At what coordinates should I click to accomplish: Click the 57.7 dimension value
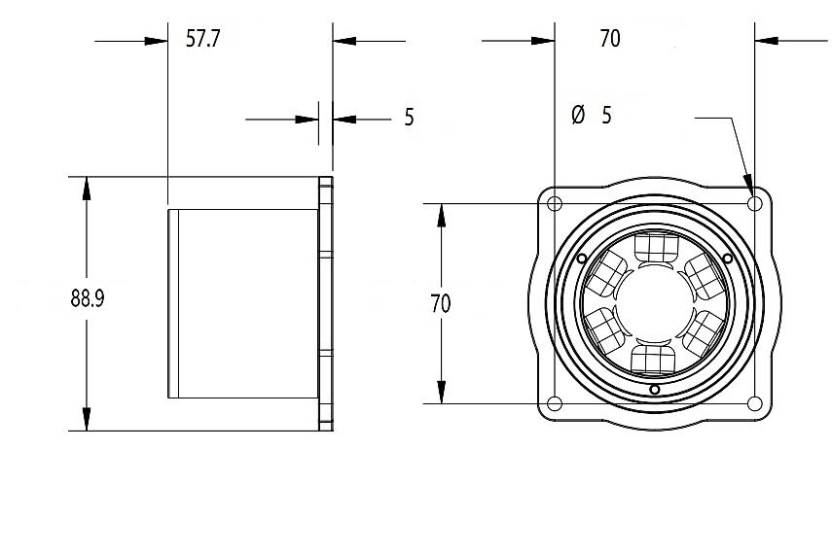[203, 39]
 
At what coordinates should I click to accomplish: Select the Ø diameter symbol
[577, 116]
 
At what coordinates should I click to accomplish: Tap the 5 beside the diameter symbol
[607, 116]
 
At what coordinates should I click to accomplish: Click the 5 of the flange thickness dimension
[409, 118]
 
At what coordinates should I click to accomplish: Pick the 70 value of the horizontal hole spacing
[610, 39]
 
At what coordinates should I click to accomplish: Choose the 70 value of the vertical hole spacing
[440, 303]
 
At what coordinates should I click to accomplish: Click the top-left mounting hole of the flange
[555, 204]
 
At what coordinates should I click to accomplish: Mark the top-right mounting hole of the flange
[755, 204]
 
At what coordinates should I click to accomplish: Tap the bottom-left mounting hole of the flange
[555, 404]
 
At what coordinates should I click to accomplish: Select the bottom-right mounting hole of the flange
[755, 404]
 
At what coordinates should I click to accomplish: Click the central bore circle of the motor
[655, 303]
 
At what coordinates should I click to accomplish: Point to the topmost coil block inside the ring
[655, 247]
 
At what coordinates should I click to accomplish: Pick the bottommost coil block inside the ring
[655, 359]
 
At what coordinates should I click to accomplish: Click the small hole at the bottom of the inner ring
[655, 391]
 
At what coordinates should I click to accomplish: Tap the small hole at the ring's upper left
[581, 258]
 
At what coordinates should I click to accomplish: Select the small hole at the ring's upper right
[729, 258]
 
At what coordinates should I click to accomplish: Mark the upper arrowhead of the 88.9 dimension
[87, 186]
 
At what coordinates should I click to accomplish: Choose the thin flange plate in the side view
[327, 303]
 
